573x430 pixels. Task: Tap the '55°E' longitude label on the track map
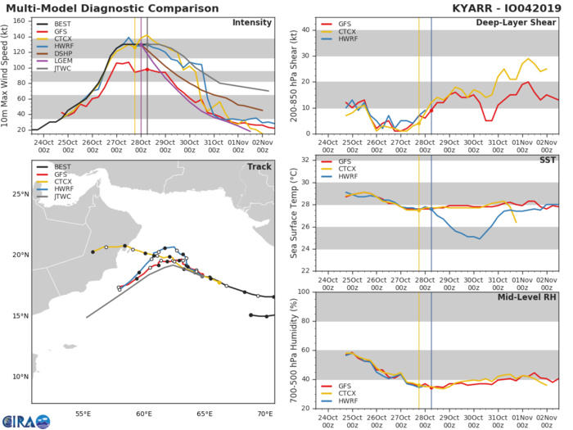(83, 415)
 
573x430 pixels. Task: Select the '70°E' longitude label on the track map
(265, 415)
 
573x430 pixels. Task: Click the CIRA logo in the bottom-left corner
(25, 420)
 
